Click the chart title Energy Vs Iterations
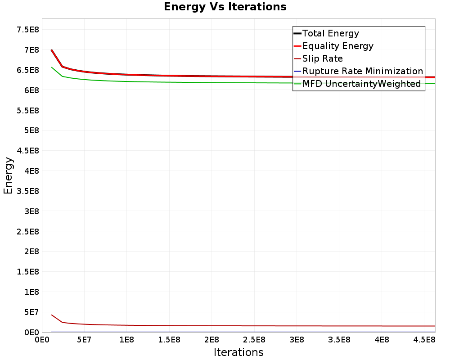[225, 7]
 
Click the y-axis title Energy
[8, 175]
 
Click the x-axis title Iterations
[238, 352]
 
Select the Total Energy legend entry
[331, 33]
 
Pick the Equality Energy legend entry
[338, 46]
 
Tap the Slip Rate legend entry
[323, 58]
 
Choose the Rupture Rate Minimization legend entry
[363, 71]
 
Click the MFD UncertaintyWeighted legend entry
[361, 84]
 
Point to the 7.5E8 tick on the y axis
[27, 30]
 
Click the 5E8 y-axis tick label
[31, 130]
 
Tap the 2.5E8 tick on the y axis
[27, 231]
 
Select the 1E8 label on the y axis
[31, 292]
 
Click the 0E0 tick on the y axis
[31, 332]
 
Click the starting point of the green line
[52, 67]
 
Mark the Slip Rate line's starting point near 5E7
[52, 315]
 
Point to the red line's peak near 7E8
[52, 50]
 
